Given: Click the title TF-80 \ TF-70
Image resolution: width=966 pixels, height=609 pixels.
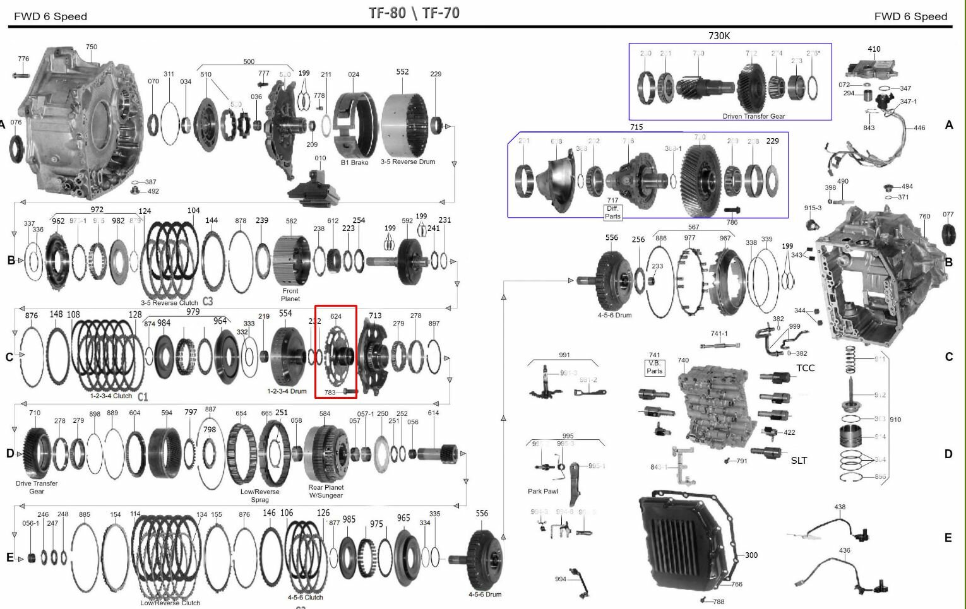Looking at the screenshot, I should tap(414, 13).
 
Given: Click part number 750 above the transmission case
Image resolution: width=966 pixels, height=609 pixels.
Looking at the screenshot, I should tap(92, 47).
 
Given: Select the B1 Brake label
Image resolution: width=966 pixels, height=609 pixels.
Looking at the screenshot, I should tap(355, 162).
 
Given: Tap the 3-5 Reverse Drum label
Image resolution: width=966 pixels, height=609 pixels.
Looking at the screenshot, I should tap(408, 162).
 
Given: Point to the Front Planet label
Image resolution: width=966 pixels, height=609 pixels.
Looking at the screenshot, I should tap(290, 295).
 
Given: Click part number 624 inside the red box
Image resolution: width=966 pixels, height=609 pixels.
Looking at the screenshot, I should tap(336, 316).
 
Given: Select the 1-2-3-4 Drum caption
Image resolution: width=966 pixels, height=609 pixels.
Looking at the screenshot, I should tap(287, 391).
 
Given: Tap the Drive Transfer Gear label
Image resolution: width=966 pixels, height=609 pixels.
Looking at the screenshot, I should tap(37, 487).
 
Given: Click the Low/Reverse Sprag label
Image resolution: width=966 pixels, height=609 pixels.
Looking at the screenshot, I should tap(260, 495).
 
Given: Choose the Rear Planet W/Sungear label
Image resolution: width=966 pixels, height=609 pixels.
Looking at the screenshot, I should tap(326, 491).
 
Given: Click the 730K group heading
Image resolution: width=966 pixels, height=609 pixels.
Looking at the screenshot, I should tap(719, 36).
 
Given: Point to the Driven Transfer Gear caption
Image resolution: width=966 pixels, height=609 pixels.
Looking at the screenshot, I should tap(754, 116).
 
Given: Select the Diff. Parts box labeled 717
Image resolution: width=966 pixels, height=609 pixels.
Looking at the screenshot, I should tap(612, 212).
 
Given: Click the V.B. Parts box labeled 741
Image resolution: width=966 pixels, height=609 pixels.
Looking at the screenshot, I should tap(655, 367).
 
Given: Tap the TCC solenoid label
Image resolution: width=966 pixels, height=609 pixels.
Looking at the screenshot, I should tap(805, 368).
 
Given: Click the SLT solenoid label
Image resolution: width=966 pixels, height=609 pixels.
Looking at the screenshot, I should tap(799, 461).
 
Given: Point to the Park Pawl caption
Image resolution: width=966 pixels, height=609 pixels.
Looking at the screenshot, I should tap(543, 491).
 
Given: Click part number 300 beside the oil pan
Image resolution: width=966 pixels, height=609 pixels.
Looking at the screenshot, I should tap(751, 555).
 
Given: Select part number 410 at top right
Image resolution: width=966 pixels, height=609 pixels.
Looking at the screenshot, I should tap(874, 49).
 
